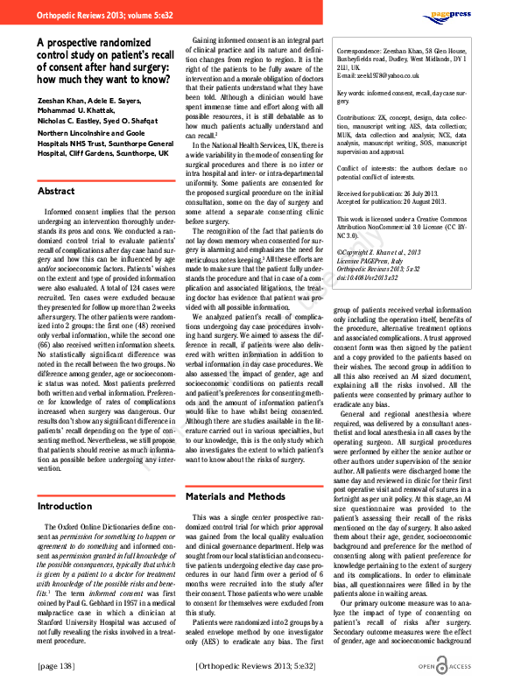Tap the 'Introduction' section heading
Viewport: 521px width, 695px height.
(x=66, y=506)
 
